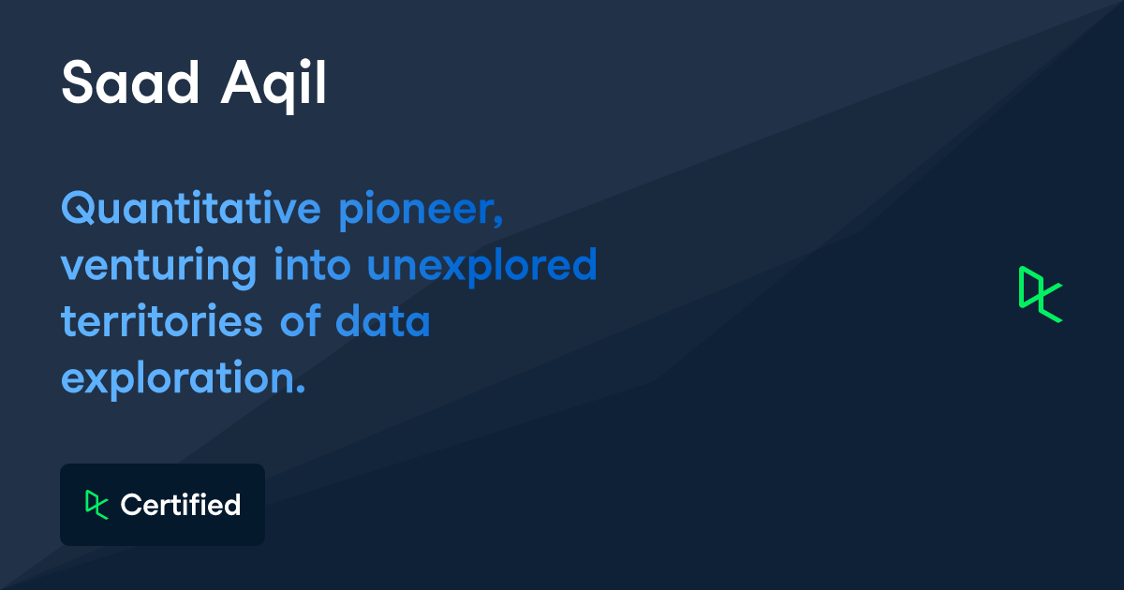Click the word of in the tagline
click(x=298, y=321)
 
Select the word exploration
click(x=180, y=378)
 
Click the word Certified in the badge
click(x=181, y=506)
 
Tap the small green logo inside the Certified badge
click(x=96, y=505)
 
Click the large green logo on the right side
click(x=1040, y=295)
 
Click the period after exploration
click(x=302, y=389)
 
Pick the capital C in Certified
click(x=130, y=506)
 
